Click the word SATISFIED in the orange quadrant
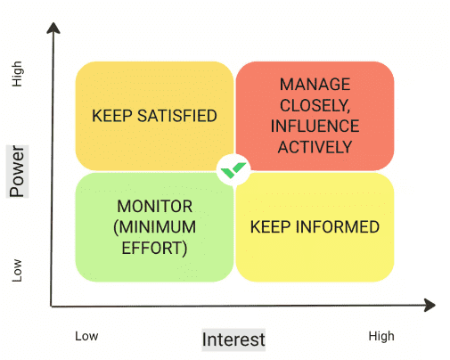pos(177,116)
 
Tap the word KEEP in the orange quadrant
pos(112,116)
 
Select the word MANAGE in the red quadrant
pos(315,85)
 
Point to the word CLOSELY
pos(315,105)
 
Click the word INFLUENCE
pos(315,126)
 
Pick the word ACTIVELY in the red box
pos(315,147)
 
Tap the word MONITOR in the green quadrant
pos(155,206)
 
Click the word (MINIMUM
pos(155,227)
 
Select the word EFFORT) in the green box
pos(155,248)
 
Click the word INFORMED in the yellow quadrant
pos(337,227)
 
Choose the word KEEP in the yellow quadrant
pos(271,227)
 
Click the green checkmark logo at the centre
pos(233,170)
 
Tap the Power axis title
pos(17,171)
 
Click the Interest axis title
pos(233,340)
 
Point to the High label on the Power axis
pos(17,74)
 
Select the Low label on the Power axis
pos(17,270)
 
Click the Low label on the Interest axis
pos(86,336)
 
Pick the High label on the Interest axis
pos(381,337)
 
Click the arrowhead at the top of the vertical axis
pos(53,28)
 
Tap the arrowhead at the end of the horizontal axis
pos(430,305)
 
